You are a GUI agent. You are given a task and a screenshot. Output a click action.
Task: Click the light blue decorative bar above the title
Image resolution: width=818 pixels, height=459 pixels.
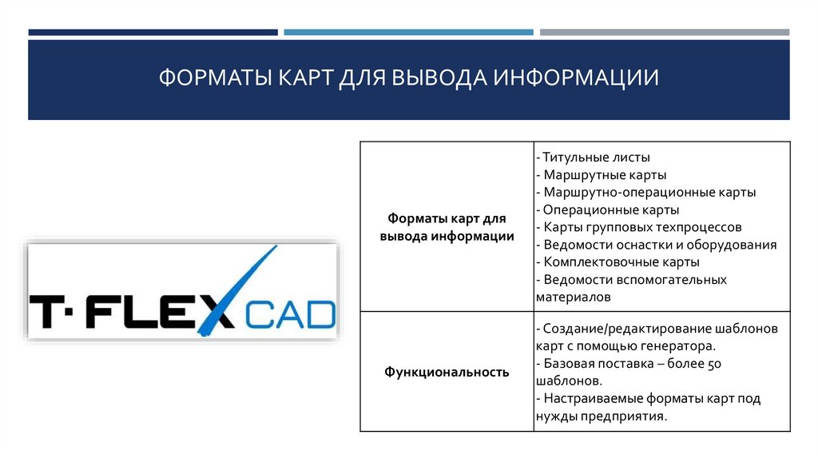(x=408, y=33)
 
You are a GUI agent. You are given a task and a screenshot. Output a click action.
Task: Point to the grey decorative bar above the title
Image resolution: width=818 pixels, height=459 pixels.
(x=664, y=33)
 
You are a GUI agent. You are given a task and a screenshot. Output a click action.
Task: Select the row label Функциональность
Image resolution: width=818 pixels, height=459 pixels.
(x=447, y=372)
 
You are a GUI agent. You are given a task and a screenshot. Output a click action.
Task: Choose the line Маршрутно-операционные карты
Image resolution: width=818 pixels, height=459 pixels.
(x=649, y=192)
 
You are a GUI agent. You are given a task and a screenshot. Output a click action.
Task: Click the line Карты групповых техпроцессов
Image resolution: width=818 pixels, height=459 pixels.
(x=642, y=227)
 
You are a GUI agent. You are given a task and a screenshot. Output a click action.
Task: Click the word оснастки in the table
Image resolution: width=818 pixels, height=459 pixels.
(x=639, y=245)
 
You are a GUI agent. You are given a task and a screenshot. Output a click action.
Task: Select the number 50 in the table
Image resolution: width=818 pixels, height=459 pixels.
(x=717, y=363)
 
